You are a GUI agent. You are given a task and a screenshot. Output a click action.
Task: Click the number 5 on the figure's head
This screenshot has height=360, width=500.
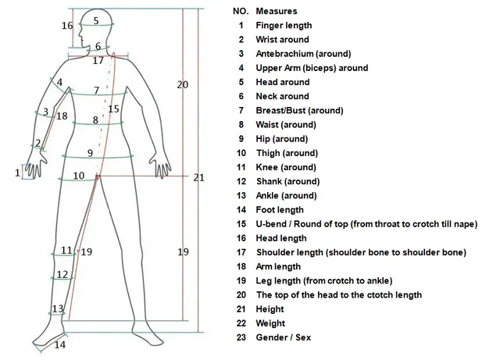pos(96,21)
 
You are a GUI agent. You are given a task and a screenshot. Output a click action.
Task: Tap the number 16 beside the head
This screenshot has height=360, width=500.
pos(67,26)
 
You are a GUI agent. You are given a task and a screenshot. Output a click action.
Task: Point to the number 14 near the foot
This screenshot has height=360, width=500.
pos(60,344)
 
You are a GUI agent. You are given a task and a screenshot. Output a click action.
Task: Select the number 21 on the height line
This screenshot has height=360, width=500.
pos(198,177)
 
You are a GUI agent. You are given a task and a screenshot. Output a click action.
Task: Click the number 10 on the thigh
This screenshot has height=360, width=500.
pos(79,176)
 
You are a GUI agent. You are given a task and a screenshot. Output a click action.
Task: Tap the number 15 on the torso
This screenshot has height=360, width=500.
pos(113,109)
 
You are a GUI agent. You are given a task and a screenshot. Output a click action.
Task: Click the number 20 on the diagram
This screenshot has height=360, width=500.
pos(182,84)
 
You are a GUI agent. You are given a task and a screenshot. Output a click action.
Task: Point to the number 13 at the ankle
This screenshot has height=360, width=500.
pos(58,309)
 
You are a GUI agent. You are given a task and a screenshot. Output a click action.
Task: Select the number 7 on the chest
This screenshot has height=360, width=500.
pos(96,91)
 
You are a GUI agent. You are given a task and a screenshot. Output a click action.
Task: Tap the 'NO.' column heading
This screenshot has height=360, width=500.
pos(241,12)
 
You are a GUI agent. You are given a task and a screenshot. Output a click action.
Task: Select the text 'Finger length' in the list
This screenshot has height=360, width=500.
pos(284,26)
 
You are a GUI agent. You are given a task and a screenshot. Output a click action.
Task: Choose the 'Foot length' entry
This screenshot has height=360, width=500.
pos(280,210)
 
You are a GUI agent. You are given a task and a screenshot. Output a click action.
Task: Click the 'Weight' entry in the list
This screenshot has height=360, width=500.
pos(270,323)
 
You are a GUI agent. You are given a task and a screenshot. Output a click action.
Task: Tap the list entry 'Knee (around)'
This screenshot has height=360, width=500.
pos(286,167)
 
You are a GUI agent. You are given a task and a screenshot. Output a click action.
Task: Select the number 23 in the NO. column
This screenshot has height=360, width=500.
pos(241,337)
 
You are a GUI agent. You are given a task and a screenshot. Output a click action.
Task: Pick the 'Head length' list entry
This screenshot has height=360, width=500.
pos(283,238)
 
